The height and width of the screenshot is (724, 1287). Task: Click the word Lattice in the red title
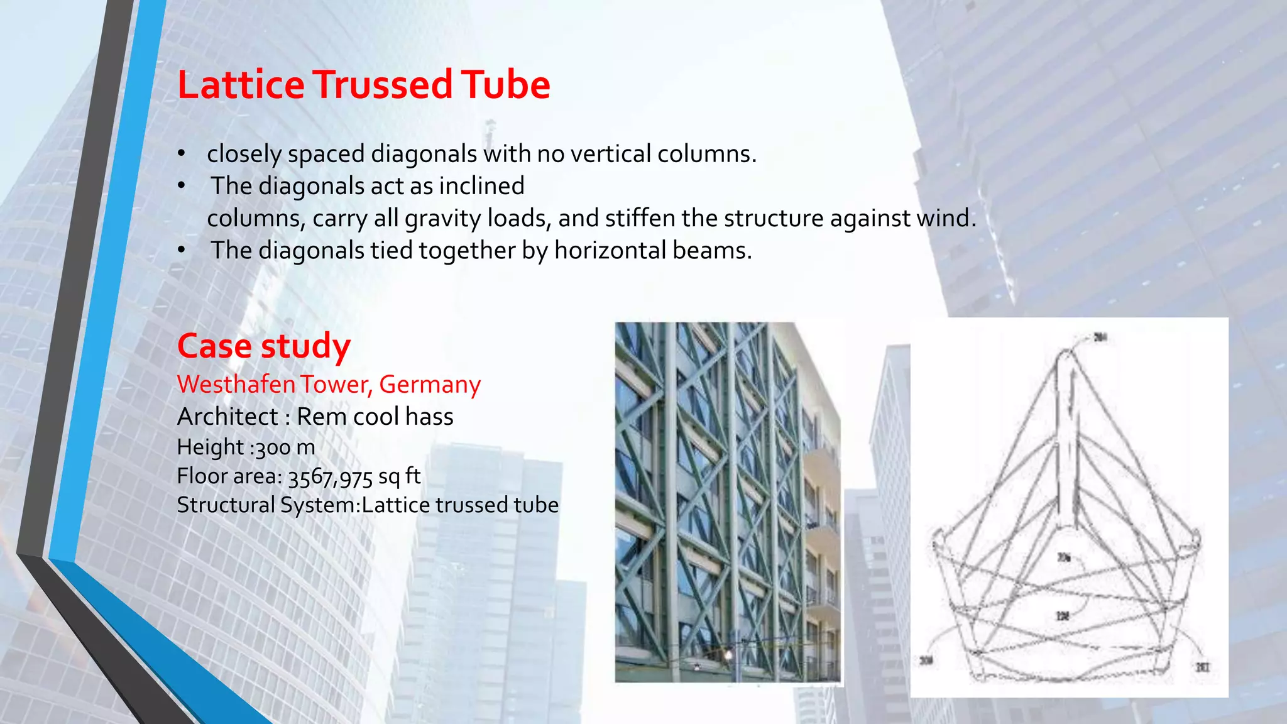pos(241,85)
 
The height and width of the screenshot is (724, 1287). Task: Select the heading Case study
pos(263,346)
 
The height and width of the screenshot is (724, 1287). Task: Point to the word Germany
pos(430,384)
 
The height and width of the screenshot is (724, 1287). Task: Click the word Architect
pos(227,417)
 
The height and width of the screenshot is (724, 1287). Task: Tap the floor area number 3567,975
pos(331,477)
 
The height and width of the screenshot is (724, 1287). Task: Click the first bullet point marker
pos(181,153)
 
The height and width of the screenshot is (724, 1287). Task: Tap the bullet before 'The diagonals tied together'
pos(181,250)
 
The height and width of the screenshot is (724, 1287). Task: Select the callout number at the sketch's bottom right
pos(1202,667)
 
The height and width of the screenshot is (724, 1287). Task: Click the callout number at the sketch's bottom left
pos(926,660)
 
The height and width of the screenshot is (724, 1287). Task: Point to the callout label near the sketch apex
pos(1100,337)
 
